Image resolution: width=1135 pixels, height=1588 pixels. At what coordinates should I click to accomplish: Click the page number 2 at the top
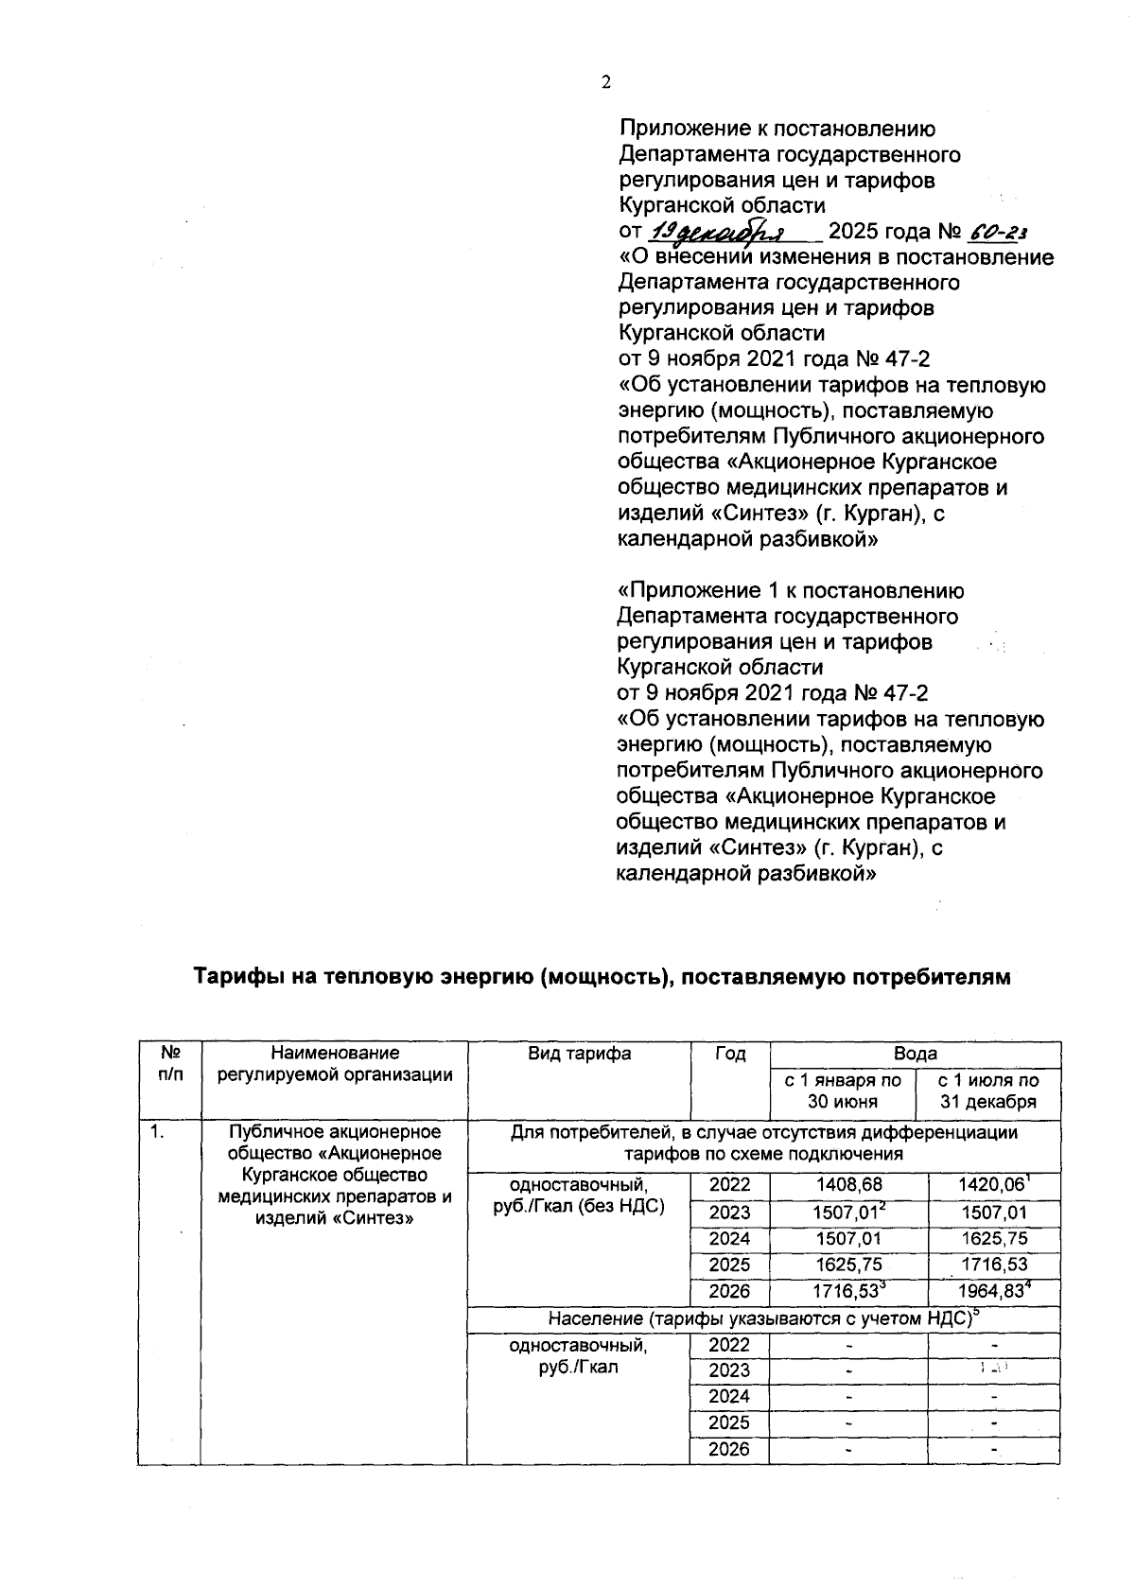pos(606,82)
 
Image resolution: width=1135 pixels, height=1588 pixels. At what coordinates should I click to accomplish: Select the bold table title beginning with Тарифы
pos(602,977)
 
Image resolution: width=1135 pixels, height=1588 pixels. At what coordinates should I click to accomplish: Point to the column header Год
pos(730,1054)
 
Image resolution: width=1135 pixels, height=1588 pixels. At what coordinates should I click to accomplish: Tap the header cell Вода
pos(915,1054)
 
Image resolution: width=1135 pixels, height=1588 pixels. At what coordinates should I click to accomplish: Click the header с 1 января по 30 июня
pos(843,1091)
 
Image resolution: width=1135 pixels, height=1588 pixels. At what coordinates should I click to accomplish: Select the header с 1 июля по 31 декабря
pos(987,1091)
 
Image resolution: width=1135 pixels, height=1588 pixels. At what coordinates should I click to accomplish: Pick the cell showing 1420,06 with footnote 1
pos(992,1185)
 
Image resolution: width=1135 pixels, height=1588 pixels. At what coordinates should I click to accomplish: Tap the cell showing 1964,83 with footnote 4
pos(992,1291)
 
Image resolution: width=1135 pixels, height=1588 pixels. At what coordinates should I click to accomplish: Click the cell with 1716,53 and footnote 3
pos(848,1291)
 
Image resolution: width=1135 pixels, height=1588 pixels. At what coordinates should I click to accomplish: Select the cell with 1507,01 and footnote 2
pos(848,1213)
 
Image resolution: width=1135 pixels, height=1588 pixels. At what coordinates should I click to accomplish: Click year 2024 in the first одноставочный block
pos(730,1239)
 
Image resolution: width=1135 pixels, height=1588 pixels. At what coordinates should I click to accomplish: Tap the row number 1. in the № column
pos(155,1132)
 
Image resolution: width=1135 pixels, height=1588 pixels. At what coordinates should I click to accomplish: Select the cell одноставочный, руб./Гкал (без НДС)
pos(579,1195)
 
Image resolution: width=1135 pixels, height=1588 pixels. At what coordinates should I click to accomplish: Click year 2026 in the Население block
pos(730,1450)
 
